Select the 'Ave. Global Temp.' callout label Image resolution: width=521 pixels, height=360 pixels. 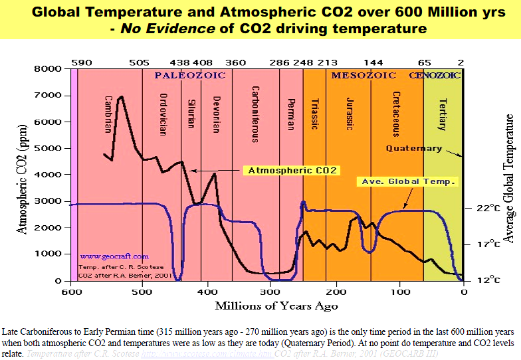point(407,181)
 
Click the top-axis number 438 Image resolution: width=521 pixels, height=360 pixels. point(181,62)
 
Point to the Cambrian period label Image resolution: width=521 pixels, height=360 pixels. point(108,114)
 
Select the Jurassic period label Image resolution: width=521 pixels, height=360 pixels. point(350,114)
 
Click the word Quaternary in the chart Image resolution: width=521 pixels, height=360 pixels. point(413,148)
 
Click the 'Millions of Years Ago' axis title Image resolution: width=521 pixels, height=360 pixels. point(276,306)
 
